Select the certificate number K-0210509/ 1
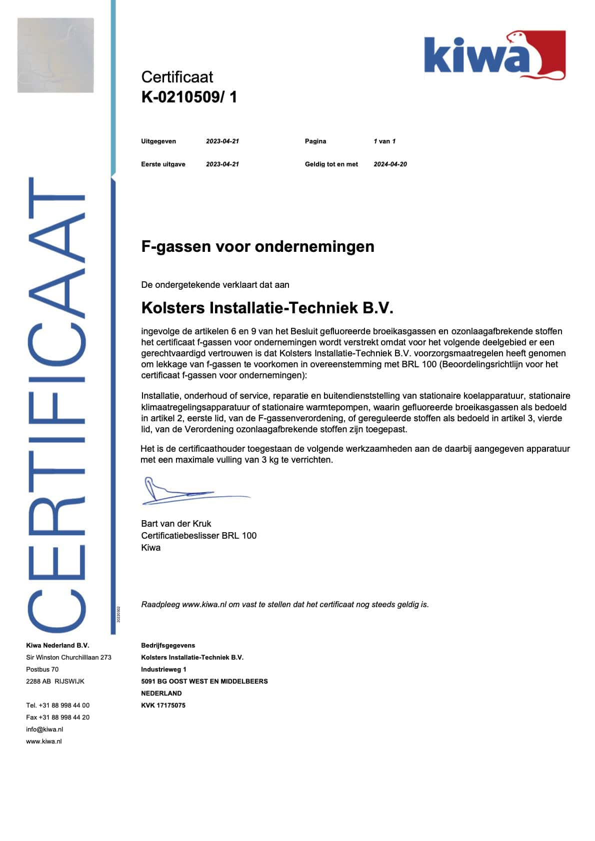(189, 97)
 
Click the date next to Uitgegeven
(222, 141)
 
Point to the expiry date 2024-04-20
(390, 164)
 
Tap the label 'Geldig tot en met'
(331, 164)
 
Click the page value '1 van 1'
(384, 141)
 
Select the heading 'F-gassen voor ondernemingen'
(257, 247)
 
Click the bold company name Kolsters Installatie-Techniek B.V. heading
(267, 308)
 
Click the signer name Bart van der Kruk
(176, 524)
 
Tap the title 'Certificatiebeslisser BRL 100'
(198, 536)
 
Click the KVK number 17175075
(163, 706)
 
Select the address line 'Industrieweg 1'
(163, 670)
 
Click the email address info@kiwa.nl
(44, 730)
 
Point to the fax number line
(57, 718)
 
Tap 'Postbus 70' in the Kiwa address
(42, 670)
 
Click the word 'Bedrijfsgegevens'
(168, 646)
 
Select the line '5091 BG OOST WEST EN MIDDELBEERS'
(204, 682)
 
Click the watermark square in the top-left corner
(55, 55)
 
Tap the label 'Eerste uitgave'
(163, 164)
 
